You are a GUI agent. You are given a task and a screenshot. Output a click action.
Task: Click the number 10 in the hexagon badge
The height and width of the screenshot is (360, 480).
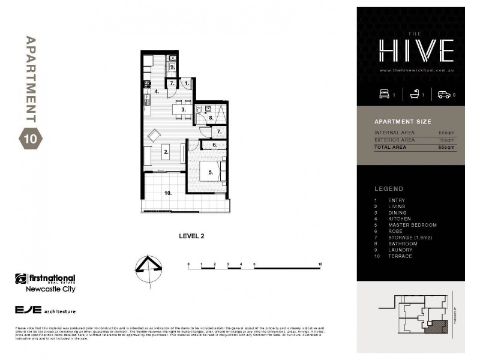(x=30, y=139)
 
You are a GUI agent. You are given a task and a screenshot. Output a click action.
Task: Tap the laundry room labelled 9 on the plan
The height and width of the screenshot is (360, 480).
(x=172, y=67)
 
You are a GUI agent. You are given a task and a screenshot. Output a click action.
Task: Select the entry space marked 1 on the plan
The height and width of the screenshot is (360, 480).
(x=186, y=83)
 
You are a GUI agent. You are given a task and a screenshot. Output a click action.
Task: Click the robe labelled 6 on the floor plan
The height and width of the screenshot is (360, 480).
(x=214, y=145)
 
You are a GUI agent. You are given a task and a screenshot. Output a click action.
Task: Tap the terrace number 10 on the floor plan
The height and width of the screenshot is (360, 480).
(x=169, y=193)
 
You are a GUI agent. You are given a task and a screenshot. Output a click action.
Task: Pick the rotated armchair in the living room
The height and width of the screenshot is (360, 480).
(x=154, y=135)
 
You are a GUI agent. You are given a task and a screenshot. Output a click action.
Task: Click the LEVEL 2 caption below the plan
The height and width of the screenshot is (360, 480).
(x=192, y=236)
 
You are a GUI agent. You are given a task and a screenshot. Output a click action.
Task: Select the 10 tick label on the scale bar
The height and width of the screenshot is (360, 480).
(x=320, y=264)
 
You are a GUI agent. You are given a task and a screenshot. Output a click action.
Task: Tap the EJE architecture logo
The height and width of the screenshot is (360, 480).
(x=45, y=311)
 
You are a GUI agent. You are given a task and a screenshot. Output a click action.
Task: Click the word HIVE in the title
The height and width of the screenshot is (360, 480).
(x=415, y=52)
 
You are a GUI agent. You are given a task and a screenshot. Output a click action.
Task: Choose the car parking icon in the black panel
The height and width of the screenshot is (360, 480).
(x=443, y=94)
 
